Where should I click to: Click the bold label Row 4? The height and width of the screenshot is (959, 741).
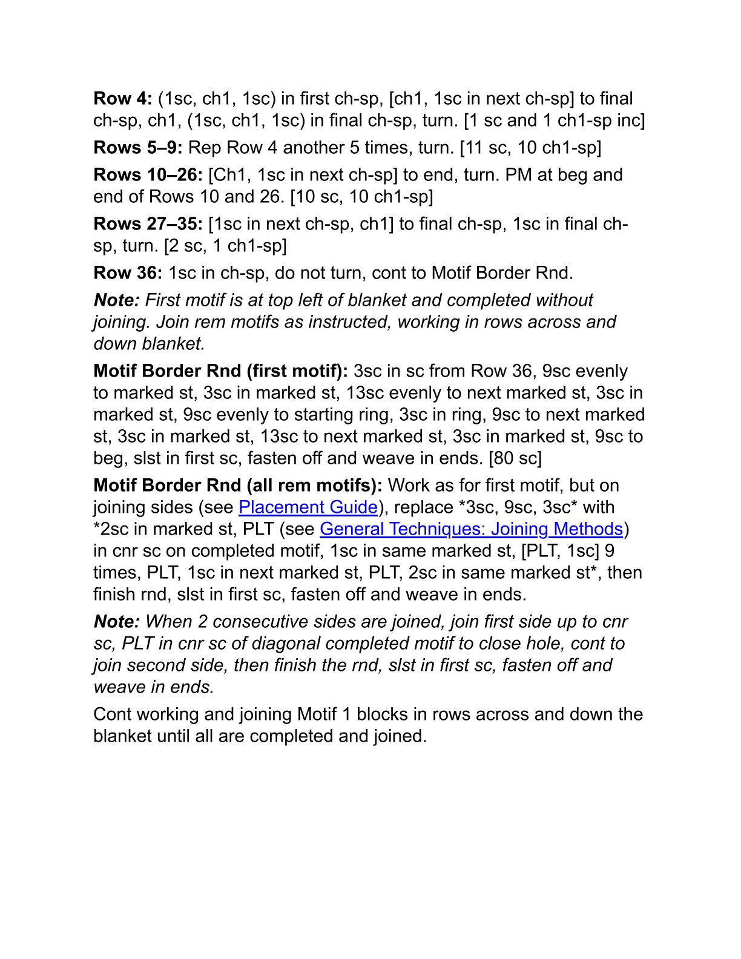(123, 99)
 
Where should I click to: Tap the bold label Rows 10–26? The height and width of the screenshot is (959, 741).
(148, 175)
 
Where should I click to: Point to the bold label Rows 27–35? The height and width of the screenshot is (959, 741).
(148, 224)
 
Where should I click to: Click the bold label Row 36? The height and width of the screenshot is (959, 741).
(128, 273)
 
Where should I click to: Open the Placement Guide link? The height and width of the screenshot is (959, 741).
(308, 507)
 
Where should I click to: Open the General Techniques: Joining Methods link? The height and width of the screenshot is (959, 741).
(471, 529)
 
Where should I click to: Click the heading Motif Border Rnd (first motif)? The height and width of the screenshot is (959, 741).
(220, 371)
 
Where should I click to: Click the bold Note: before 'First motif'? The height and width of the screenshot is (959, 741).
(117, 300)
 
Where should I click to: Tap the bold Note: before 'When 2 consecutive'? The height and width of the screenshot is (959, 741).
(117, 622)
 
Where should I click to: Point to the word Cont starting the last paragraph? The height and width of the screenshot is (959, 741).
(113, 714)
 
